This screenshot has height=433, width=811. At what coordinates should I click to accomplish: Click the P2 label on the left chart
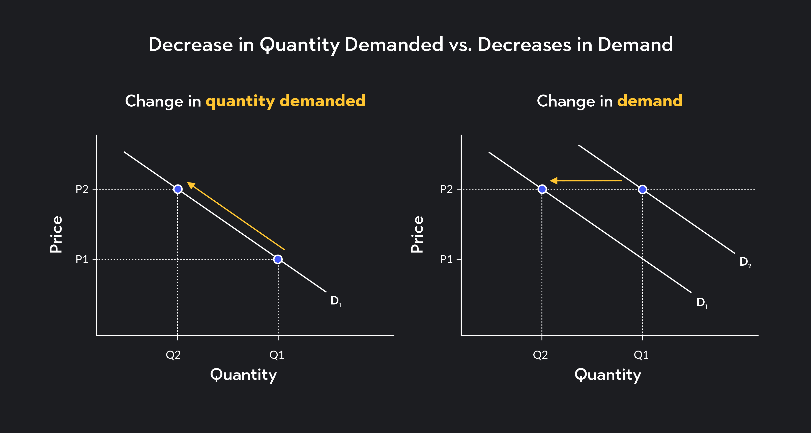coord(82,190)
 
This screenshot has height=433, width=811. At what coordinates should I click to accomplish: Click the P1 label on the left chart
coord(82,260)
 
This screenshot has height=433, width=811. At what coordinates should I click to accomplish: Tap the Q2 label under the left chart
coord(173,355)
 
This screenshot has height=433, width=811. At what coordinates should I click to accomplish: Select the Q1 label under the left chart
coord(277,355)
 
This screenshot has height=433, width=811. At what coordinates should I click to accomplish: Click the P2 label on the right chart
coord(446,190)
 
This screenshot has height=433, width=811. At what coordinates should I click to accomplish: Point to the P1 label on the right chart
coord(446,260)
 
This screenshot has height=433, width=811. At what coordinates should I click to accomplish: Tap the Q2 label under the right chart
coord(540,355)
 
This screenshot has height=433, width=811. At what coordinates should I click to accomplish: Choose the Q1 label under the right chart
coord(641,355)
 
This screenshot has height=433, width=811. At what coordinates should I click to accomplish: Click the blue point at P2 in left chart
coord(178,189)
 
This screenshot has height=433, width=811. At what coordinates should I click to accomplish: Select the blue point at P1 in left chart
coord(278,259)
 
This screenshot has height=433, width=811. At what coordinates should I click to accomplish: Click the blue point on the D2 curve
coord(643,190)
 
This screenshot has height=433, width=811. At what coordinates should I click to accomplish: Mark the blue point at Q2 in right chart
coord(542,189)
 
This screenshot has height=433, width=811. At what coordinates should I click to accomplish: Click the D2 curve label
coord(745,262)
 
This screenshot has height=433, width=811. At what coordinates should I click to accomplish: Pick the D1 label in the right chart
coord(702,302)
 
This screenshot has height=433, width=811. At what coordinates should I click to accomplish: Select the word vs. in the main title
coord(460,45)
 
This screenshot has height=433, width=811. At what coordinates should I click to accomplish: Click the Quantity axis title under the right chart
coord(608,375)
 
